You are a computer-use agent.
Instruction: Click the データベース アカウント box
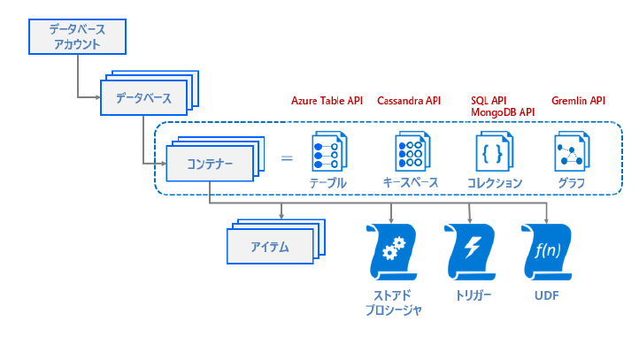pos(77,36)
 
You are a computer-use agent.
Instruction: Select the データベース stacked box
pos(144,97)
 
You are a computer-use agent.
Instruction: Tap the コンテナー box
pos(210,164)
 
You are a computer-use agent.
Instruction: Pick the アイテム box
pos(270,247)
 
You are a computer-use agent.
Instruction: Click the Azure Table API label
pos(327,101)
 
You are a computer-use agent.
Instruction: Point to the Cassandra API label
pos(409,101)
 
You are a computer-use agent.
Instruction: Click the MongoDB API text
pos(503,112)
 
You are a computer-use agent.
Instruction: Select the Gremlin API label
pos(578,101)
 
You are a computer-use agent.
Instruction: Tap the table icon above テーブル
pos(329,151)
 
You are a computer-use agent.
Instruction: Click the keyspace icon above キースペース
pos(412,151)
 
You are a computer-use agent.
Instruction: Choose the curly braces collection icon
pos(495,151)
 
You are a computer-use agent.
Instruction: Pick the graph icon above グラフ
pos(572,151)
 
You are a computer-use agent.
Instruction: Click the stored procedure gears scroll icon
pos(391,252)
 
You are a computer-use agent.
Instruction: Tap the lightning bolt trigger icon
pos(470,252)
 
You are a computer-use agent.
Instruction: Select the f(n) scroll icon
pos(547,252)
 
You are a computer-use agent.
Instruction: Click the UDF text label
pos(546,295)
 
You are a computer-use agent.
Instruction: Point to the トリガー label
pos(473,295)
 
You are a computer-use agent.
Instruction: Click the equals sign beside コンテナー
pos(287,158)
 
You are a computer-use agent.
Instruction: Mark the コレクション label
pos(495,183)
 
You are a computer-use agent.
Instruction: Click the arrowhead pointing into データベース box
pos(98,97)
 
